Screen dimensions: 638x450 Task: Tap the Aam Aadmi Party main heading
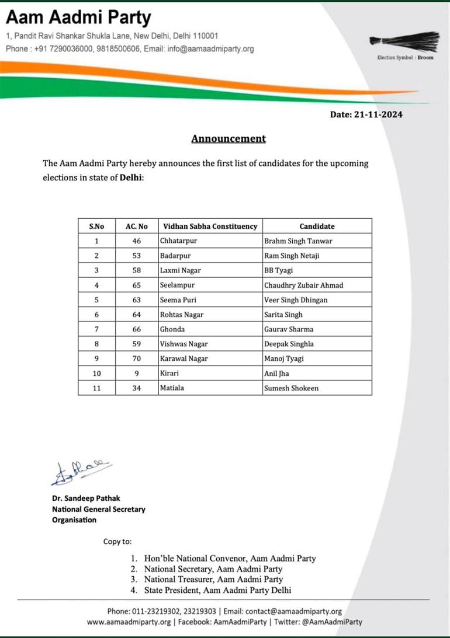pos(79,17)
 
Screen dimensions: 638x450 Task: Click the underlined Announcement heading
pos(229,138)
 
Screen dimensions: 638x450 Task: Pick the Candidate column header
pos(317,226)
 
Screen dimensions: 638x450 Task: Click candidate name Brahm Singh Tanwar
pos(298,240)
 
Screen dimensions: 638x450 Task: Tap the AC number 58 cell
pos(137,270)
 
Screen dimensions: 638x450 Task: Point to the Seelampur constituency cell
pos(177,285)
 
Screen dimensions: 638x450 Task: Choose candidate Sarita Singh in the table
pos(283,315)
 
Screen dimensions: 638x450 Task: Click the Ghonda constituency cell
pos(173,329)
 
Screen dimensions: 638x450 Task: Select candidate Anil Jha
pos(277,374)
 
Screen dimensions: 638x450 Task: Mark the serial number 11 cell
pos(96,388)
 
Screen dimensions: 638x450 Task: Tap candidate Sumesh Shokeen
pos(291,388)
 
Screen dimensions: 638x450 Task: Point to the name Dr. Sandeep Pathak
pos(86,498)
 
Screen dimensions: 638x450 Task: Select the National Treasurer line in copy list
pos(213,580)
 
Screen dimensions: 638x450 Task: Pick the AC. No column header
pos(137,226)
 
